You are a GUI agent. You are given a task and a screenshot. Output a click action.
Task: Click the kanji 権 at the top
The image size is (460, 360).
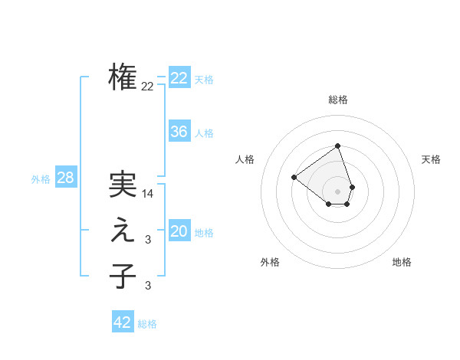click(123, 77)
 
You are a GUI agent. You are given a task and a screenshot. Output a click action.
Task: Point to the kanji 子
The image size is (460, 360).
click(123, 276)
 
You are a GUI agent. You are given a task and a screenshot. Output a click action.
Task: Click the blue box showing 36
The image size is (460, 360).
click(179, 132)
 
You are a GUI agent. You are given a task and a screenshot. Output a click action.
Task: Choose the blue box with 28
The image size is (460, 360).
click(65, 178)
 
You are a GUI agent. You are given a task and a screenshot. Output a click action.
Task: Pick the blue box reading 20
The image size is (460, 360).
click(179, 231)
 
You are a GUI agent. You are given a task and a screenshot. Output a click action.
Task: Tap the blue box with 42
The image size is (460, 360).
click(123, 322)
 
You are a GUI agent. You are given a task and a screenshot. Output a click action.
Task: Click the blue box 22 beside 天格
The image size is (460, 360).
click(179, 78)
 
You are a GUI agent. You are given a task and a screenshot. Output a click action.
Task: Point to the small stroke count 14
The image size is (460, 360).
click(148, 194)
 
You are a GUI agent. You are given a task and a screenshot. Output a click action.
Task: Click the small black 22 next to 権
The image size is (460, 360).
click(147, 86)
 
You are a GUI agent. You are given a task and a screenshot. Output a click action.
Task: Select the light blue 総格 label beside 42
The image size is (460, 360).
click(147, 324)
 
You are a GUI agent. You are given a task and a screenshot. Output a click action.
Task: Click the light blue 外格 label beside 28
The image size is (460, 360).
click(41, 179)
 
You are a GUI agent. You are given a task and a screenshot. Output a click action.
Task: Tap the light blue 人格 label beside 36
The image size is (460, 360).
click(204, 133)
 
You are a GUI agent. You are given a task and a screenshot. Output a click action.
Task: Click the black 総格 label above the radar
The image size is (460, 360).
click(338, 100)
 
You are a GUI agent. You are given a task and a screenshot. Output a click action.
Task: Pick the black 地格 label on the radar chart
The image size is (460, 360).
click(402, 262)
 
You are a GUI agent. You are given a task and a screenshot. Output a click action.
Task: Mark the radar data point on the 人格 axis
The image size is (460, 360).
click(294, 177)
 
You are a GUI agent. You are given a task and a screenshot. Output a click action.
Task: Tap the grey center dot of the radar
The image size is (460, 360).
click(338, 191)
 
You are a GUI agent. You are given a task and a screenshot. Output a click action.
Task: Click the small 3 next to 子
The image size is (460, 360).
click(148, 286)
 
